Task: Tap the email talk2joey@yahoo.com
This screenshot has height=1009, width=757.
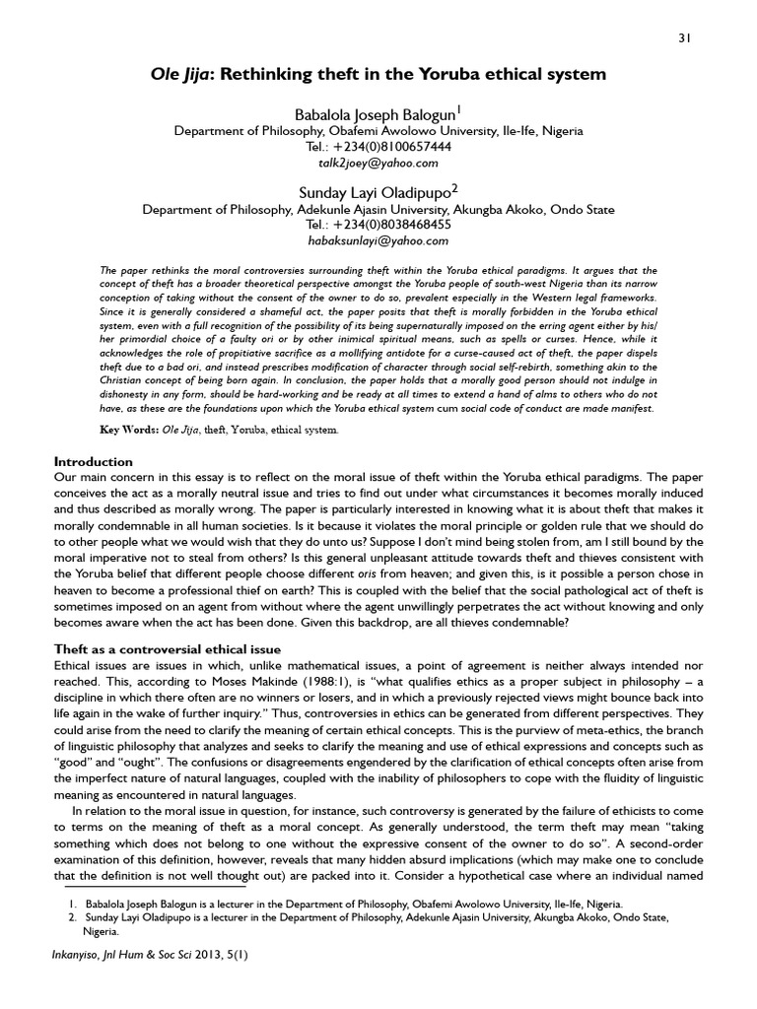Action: coord(378,163)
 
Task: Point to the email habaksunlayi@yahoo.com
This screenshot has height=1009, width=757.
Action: coord(378,240)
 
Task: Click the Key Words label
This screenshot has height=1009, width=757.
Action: coord(130,431)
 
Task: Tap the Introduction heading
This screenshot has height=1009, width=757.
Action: coord(93,461)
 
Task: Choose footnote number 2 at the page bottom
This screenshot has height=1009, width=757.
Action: coord(71,917)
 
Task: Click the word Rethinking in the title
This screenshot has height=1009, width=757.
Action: coord(277,74)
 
